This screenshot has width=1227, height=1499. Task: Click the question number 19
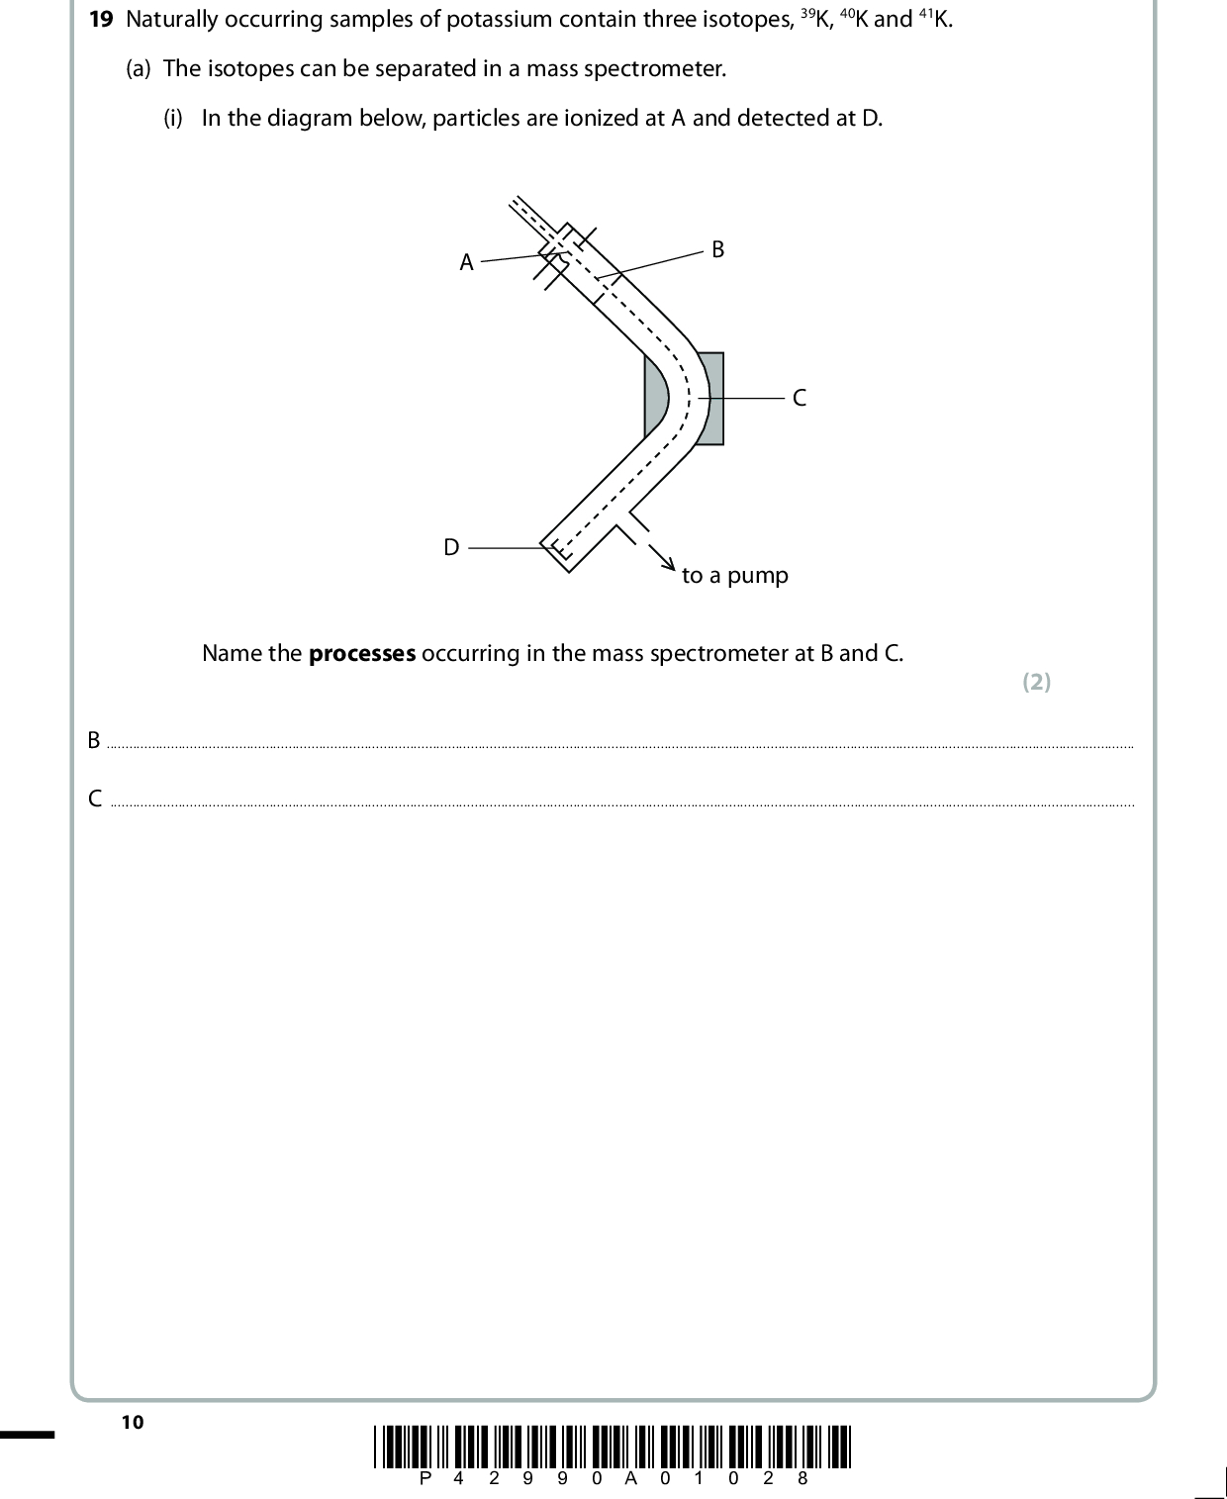[x=100, y=20]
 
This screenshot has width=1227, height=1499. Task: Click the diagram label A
[x=467, y=263]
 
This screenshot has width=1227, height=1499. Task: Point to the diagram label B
[x=718, y=250]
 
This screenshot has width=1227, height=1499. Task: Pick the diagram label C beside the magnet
[x=800, y=399]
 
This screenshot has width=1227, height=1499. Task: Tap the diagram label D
[x=451, y=547]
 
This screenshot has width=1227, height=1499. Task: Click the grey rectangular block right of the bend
[x=714, y=399]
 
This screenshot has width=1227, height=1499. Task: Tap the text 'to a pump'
[x=735, y=576]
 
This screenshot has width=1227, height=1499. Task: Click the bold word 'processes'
[x=362, y=654]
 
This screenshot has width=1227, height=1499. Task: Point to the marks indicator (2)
[x=1036, y=682]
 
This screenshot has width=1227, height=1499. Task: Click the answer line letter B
[x=94, y=740]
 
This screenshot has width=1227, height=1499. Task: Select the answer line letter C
[x=95, y=798]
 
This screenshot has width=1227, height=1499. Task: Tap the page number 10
[x=132, y=1423]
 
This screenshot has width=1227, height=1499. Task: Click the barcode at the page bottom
[x=613, y=1446]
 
